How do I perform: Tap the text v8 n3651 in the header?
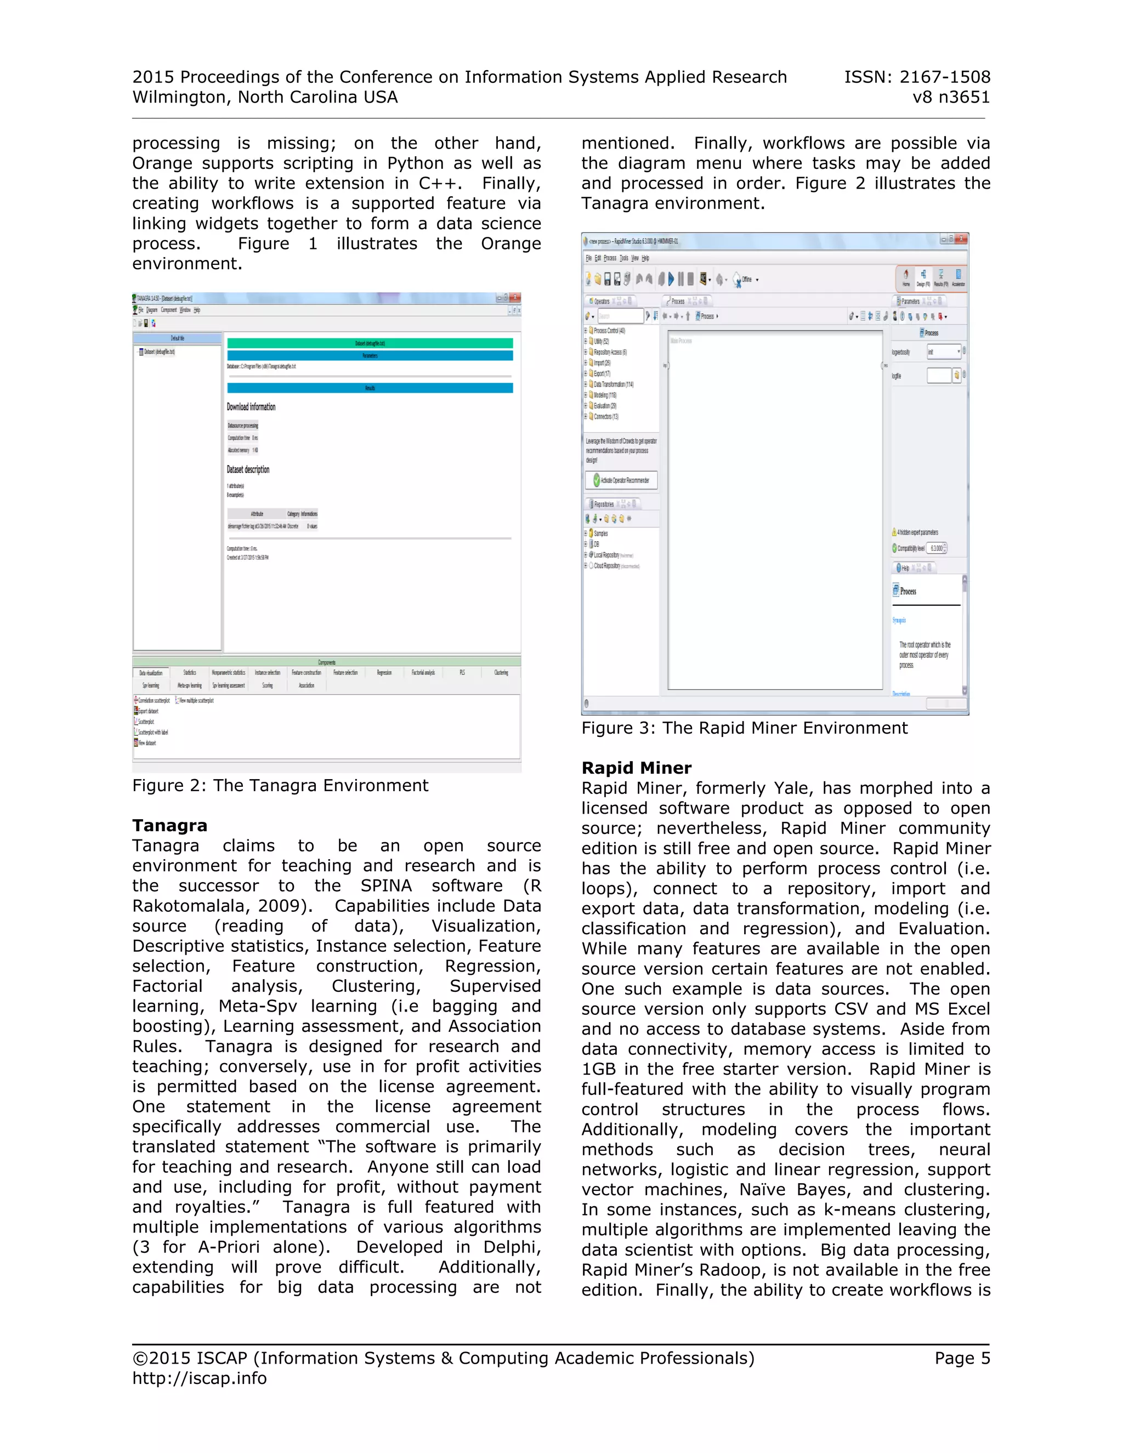coord(951,97)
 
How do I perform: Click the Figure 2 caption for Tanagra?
coord(280,786)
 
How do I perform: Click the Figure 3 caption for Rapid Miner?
coord(744,728)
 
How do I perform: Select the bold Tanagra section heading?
coord(169,826)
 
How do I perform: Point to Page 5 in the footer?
coord(961,1358)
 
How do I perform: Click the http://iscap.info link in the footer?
coord(200,1378)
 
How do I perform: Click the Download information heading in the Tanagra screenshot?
coord(251,406)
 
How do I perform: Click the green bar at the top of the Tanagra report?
coord(370,343)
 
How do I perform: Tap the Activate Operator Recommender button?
coord(621,480)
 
